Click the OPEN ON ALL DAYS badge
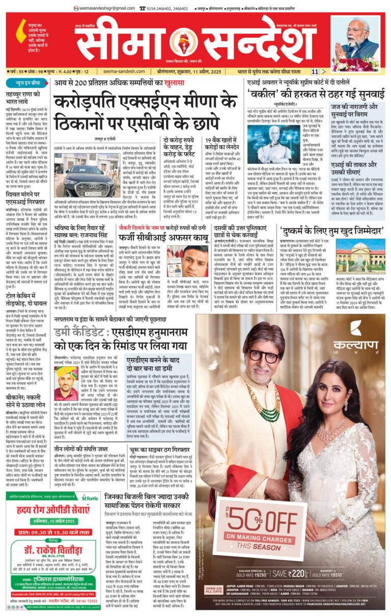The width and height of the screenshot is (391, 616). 213,590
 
